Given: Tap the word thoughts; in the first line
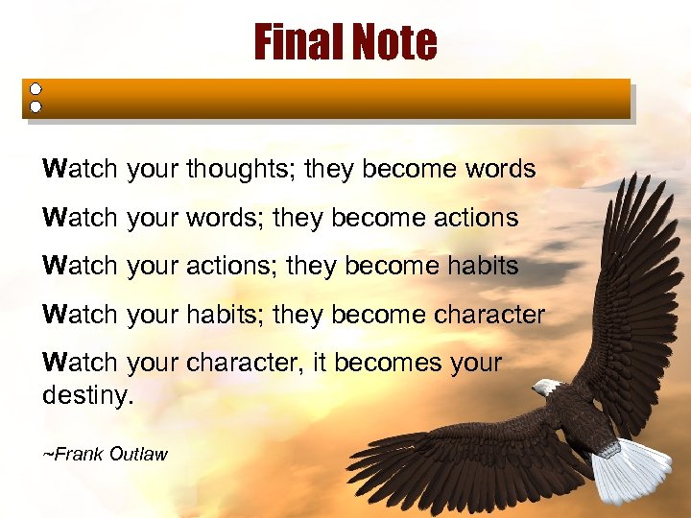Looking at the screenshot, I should point(241,170).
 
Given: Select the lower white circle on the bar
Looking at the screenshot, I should point(36,106).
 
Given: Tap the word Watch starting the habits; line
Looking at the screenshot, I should point(80,315).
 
